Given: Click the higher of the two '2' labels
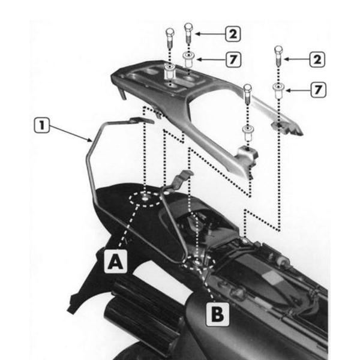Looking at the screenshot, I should [x=231, y=34].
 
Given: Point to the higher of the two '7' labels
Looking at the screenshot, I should [x=231, y=59].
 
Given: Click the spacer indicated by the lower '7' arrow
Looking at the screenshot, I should [x=278, y=91].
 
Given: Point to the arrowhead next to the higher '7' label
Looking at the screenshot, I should [x=200, y=59].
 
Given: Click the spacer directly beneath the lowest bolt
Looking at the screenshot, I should [x=247, y=130].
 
